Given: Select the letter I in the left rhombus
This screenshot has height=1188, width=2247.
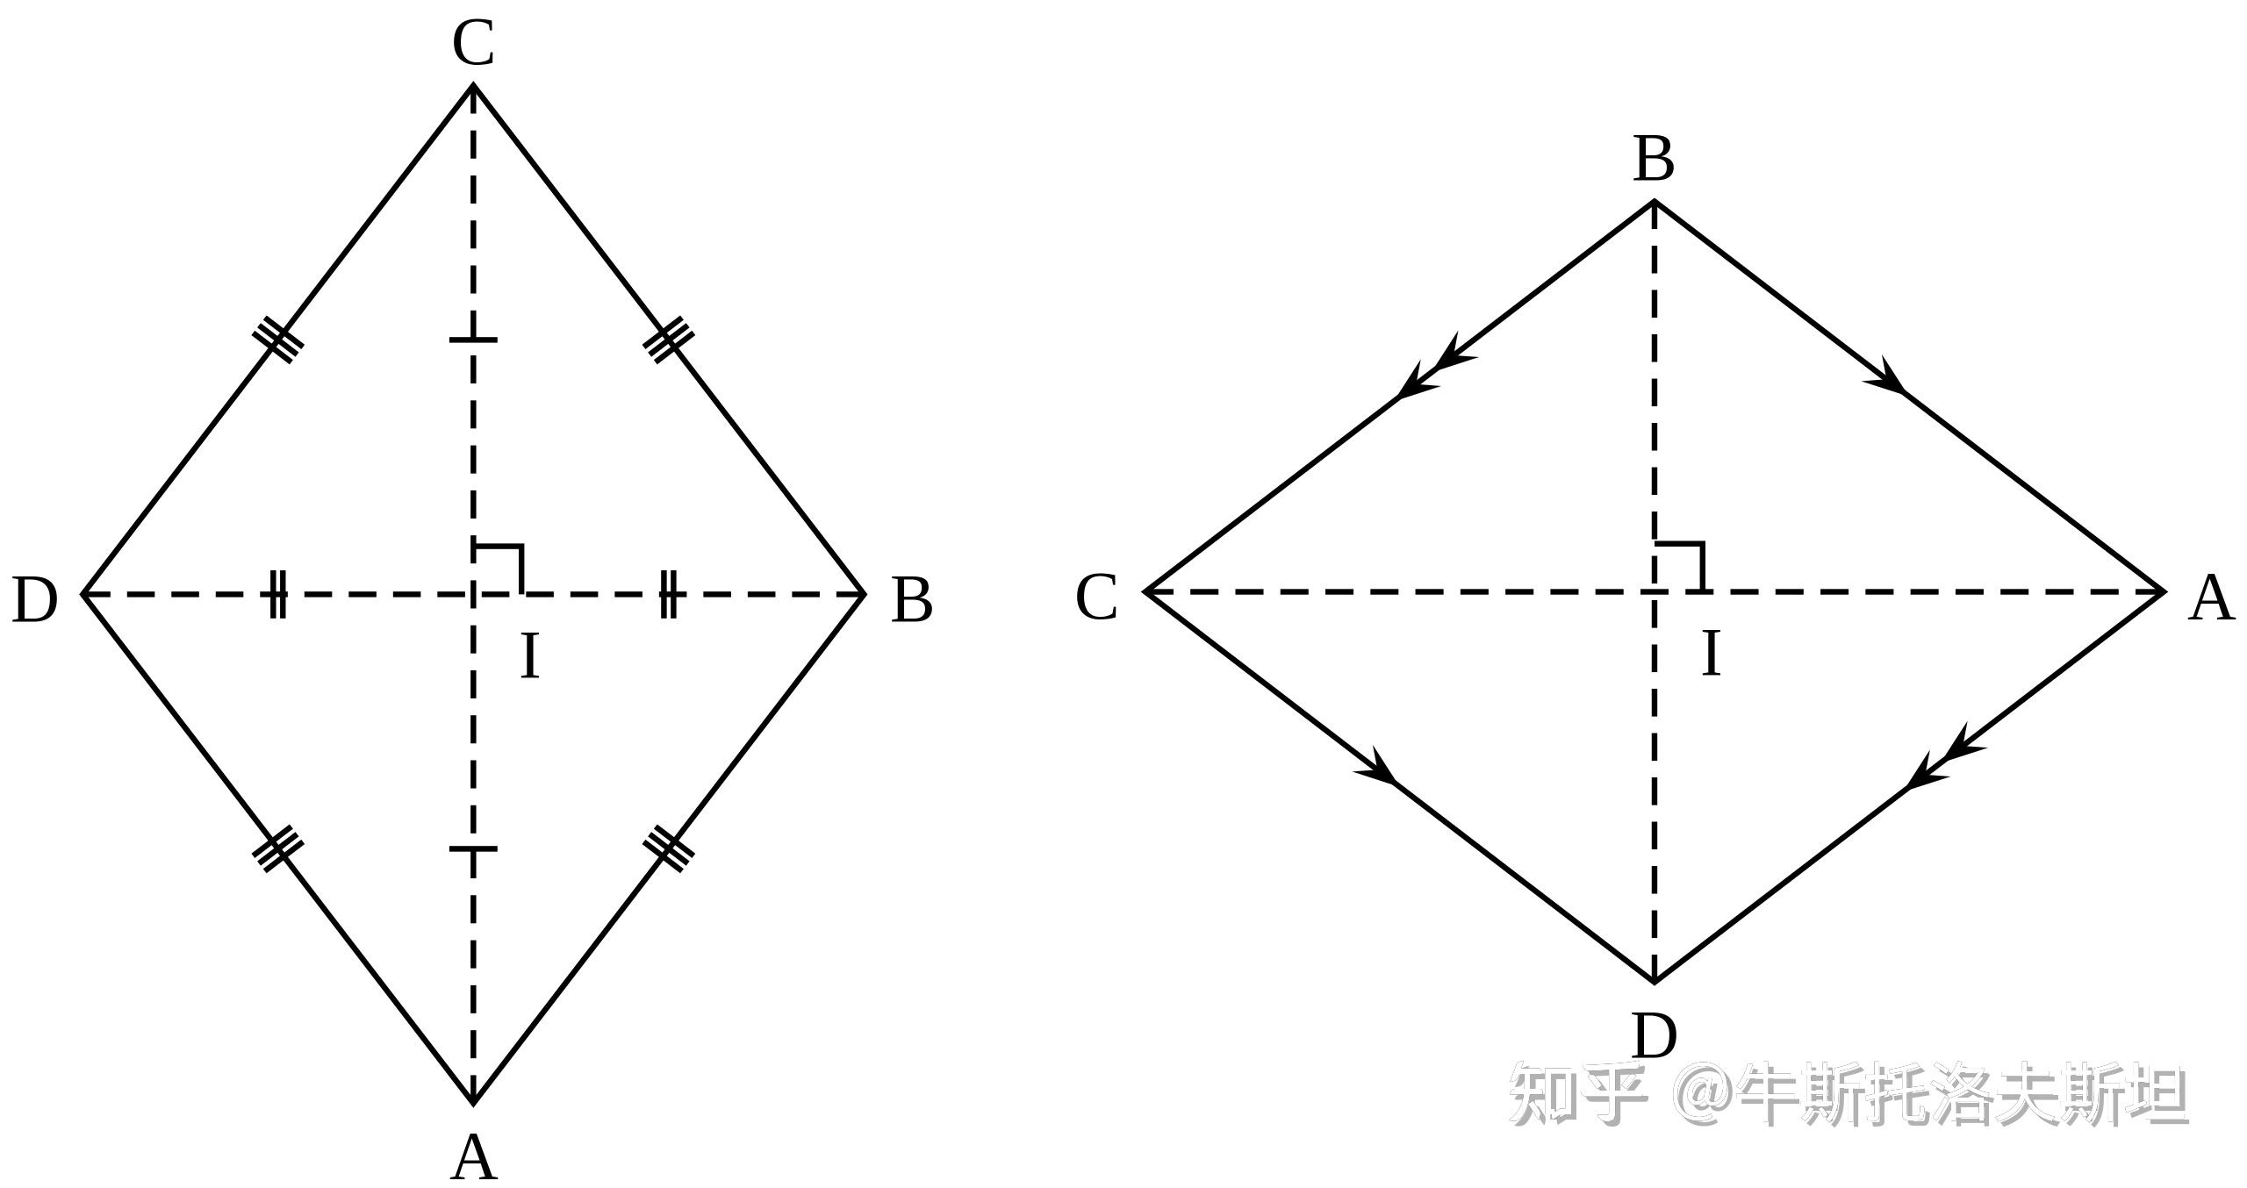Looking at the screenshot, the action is click(529, 657).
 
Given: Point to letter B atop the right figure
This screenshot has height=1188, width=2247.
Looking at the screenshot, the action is click(1654, 161).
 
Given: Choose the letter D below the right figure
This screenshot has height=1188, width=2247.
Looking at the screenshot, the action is click(1655, 1036).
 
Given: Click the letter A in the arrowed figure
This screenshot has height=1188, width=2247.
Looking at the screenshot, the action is click(2210, 599).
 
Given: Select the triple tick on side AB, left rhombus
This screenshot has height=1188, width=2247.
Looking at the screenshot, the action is click(669, 848).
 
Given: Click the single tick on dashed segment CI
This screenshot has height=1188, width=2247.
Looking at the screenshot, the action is click(473, 340).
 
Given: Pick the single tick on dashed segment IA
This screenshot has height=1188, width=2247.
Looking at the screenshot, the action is click(473, 848).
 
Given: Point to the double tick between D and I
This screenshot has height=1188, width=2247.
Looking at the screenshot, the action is click(277, 594).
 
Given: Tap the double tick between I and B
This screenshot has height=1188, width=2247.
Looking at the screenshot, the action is click(669, 594).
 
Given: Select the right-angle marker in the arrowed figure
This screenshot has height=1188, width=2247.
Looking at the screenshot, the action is click(1680, 567).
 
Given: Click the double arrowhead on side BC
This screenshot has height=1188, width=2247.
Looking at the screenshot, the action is click(1436, 369).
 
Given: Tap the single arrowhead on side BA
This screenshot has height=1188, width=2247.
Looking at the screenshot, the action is click(1887, 378).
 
